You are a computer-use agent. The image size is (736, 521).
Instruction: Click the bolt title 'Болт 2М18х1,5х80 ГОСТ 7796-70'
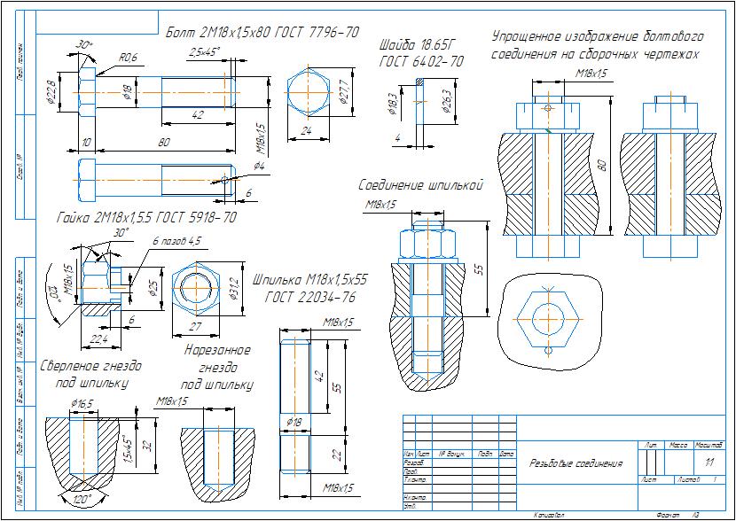point(262,32)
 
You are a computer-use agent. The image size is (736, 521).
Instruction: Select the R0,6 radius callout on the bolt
point(129,58)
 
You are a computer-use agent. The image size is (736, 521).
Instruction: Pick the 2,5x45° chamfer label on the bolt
point(204,53)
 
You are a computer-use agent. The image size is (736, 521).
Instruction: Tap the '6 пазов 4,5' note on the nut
point(176,240)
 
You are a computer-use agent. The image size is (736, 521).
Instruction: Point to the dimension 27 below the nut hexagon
point(197,326)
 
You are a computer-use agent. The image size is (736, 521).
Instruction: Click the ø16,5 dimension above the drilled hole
point(82,403)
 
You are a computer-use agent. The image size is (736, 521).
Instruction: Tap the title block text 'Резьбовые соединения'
point(575,463)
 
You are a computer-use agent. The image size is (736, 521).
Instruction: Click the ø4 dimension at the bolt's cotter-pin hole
point(258,166)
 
